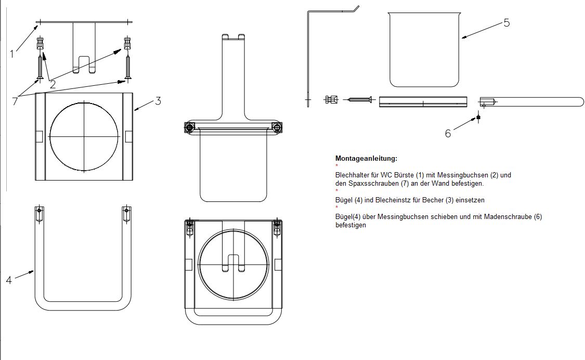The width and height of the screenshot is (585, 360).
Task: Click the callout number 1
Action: (11, 53)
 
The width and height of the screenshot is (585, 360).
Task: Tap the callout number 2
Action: (53, 83)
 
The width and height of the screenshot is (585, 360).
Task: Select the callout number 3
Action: (158, 101)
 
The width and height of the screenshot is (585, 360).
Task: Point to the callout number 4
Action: (9, 280)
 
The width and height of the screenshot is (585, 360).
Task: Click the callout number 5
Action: (506, 22)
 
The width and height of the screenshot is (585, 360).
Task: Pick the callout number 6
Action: (448, 133)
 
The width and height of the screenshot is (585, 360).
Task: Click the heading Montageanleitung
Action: (366, 158)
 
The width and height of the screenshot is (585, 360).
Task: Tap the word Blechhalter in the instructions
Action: (352, 175)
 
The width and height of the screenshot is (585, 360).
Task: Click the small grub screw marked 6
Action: (478, 117)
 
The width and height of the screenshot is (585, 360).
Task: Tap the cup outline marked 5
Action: (424, 49)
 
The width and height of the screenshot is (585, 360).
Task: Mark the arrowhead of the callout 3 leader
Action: (134, 109)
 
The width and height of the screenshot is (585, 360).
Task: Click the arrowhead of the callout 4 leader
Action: (34, 271)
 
